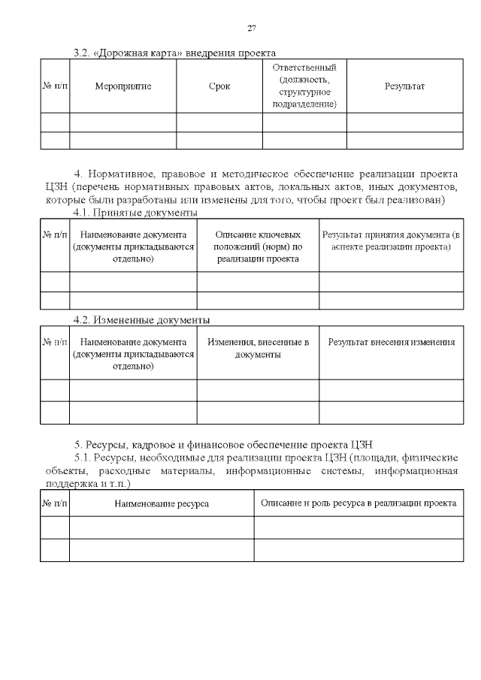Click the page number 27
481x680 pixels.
(252, 29)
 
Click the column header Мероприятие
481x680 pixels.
(123, 86)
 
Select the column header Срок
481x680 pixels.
(219, 86)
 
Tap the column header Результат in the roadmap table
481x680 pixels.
(404, 86)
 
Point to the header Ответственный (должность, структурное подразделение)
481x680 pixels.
(304, 86)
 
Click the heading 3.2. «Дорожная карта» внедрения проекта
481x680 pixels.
(174, 53)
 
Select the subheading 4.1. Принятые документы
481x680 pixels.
(135, 213)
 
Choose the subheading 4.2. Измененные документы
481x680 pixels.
(141, 320)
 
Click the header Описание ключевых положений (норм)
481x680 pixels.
(258, 246)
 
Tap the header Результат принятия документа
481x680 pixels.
(391, 240)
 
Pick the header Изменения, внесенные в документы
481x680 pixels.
(258, 349)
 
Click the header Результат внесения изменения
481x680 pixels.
(391, 343)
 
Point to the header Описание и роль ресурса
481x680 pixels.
(358, 503)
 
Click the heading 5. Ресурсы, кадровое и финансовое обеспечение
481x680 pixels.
(228, 443)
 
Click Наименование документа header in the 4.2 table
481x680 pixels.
(134, 354)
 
